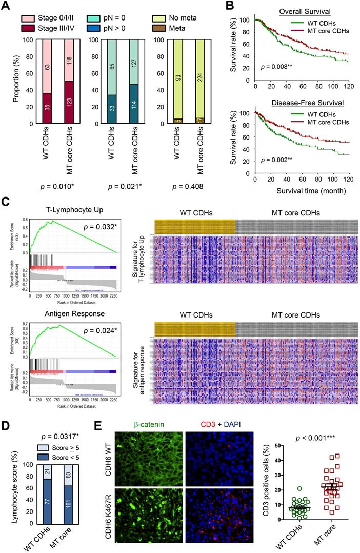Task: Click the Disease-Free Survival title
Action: coord(308,102)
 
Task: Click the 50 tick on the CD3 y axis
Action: coord(279,446)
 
